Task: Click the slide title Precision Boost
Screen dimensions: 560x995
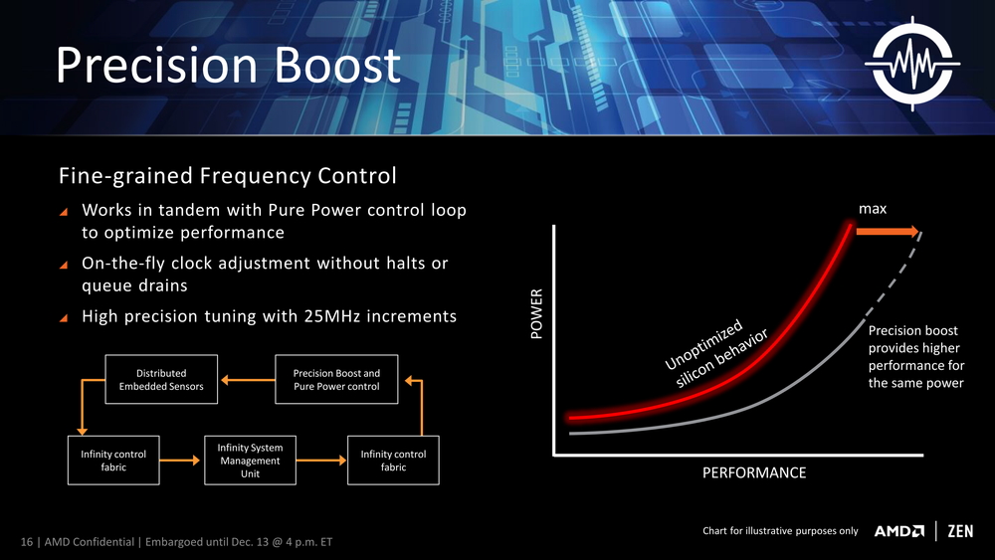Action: tap(228, 66)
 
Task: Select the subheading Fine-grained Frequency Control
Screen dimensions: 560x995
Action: tap(228, 176)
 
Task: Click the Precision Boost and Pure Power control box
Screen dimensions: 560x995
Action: tap(336, 380)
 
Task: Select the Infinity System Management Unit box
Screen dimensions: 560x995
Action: tap(250, 461)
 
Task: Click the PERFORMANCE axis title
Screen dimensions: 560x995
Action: tap(753, 472)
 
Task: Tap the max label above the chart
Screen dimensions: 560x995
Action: tap(872, 208)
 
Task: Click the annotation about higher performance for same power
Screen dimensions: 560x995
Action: tap(915, 357)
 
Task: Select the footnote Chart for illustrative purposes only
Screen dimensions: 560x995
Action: tap(779, 531)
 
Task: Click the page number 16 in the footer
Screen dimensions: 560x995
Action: tap(28, 542)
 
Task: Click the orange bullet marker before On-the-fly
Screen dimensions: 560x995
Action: tap(65, 266)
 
